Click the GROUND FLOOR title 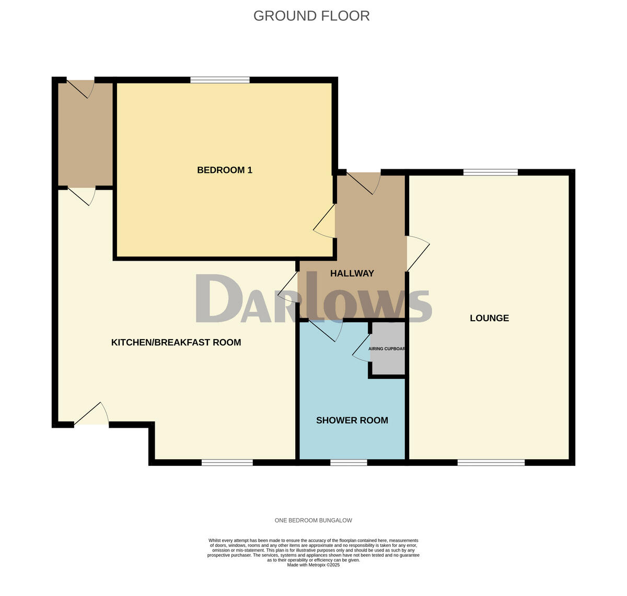(x=311, y=16)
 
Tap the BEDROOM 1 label (x=225, y=170)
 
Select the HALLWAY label (x=352, y=273)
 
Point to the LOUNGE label (x=489, y=318)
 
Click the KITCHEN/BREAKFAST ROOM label (x=176, y=343)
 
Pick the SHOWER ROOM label (x=352, y=420)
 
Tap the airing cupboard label (x=387, y=349)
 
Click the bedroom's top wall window (x=220, y=80)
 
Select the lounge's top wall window (x=491, y=172)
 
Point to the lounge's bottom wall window (x=491, y=462)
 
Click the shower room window (x=349, y=462)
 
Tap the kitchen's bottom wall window (x=227, y=462)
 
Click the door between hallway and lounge (x=418, y=253)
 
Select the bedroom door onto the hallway (x=324, y=220)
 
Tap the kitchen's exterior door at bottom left (x=91, y=413)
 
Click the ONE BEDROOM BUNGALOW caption (x=313, y=520)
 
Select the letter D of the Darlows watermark (x=219, y=298)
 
